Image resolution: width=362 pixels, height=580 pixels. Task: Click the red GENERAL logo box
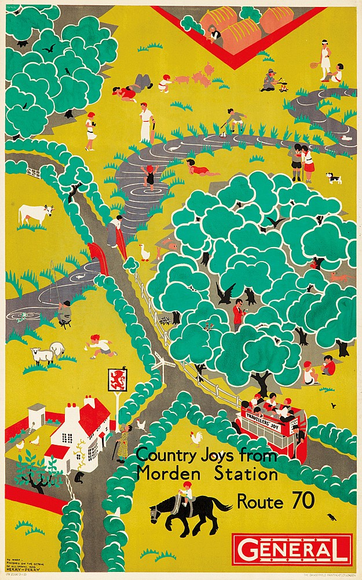(291, 549)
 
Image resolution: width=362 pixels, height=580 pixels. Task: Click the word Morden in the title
(163, 474)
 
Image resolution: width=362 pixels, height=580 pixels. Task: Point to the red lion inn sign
(118, 379)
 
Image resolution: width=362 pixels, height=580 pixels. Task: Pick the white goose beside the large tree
(145, 252)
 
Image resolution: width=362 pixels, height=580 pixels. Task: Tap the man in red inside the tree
(238, 315)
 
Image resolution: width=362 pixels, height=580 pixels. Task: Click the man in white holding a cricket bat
(146, 122)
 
